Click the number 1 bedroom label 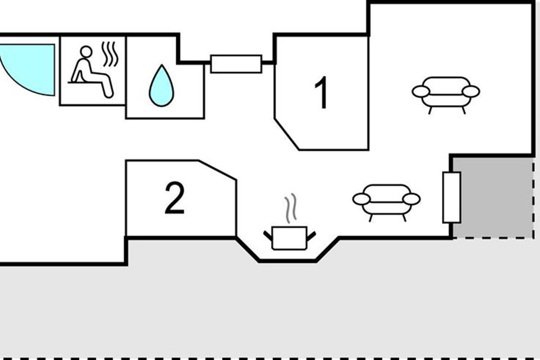[x=321, y=92]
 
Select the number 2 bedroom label [x=175, y=198]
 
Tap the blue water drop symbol [x=162, y=85]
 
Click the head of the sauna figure [x=86, y=52]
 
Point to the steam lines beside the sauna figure [x=110, y=54]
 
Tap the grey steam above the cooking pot [x=290, y=208]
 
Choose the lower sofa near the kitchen [x=387, y=202]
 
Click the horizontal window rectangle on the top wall [x=236, y=64]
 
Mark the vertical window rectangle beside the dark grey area [x=452, y=198]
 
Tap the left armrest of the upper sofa [x=421, y=92]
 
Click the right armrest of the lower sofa [x=412, y=199]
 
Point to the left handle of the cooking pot [x=268, y=236]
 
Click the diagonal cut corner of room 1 [x=287, y=134]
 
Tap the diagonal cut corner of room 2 [x=217, y=170]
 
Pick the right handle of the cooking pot [x=311, y=236]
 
